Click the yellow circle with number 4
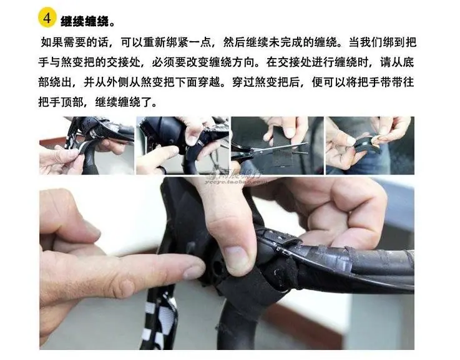47,18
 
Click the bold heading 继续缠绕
84,21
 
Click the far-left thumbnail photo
87,146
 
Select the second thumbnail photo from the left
182,146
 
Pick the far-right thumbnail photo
370,146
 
